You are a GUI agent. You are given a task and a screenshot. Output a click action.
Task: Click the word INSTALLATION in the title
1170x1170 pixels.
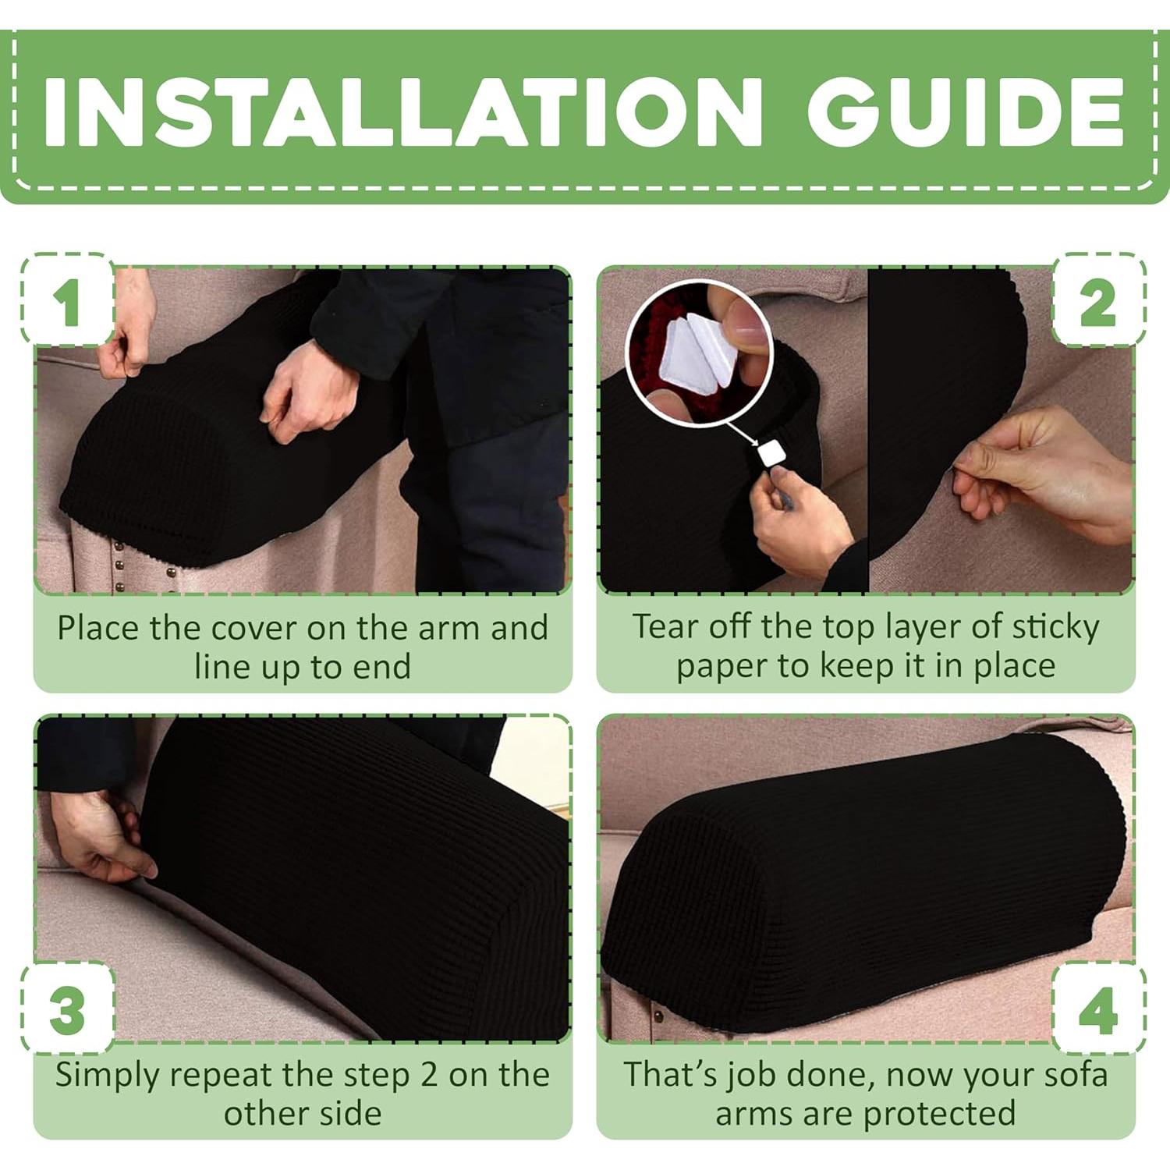[402, 113]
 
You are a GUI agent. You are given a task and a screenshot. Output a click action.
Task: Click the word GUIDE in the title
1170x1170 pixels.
[966, 113]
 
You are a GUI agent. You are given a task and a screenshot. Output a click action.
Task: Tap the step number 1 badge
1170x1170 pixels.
[67, 300]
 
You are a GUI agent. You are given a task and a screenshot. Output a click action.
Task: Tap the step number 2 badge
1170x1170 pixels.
[1098, 300]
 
